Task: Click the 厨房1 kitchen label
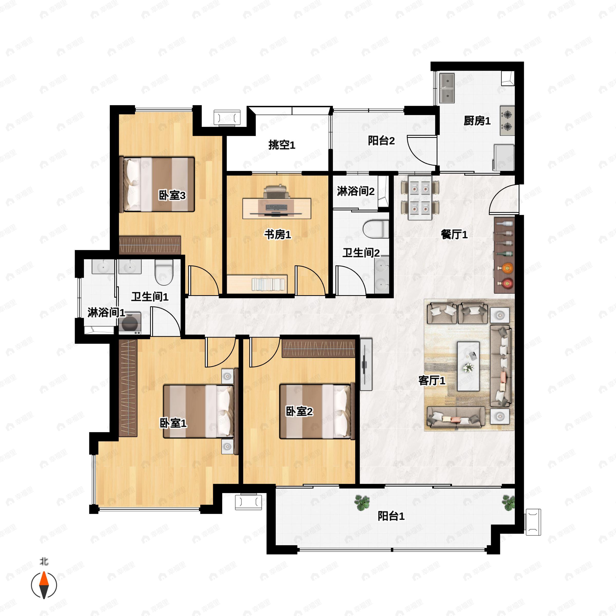[x=477, y=121]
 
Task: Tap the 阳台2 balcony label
[x=381, y=141]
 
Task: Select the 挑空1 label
[x=282, y=145]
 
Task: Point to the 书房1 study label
[x=277, y=235]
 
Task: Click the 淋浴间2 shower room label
[x=355, y=191]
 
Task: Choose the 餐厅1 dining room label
[x=454, y=235]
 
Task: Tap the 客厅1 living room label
[x=432, y=380]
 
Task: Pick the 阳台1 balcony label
[x=391, y=516]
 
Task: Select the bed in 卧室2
[x=317, y=411]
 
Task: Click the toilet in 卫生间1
[x=164, y=272]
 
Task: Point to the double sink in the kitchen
[x=447, y=88]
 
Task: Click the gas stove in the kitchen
[x=507, y=121]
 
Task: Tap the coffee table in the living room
[x=468, y=366]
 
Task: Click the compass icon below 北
[x=44, y=585]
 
